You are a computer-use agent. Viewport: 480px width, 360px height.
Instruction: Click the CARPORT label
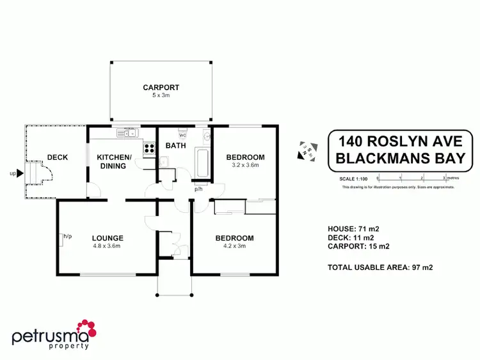pos(161,88)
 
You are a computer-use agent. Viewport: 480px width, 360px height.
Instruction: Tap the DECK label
pos(57,157)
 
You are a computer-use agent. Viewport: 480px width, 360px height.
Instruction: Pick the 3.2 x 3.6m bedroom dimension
pos(245,165)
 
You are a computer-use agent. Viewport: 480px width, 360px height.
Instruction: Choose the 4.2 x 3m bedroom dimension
pos(234,246)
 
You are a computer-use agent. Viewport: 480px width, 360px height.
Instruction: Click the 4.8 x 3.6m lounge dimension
pos(107,246)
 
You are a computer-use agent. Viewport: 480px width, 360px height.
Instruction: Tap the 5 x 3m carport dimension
pos(161,95)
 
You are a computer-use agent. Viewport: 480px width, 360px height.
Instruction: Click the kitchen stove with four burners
pos(149,148)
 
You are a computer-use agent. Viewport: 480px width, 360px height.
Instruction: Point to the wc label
pos(182,136)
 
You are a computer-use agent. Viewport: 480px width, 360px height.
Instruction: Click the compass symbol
pos(305,151)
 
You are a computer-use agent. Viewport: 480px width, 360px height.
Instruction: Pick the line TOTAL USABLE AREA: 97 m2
pos(380,267)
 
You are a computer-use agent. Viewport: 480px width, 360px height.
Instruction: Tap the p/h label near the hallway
pos(199,189)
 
